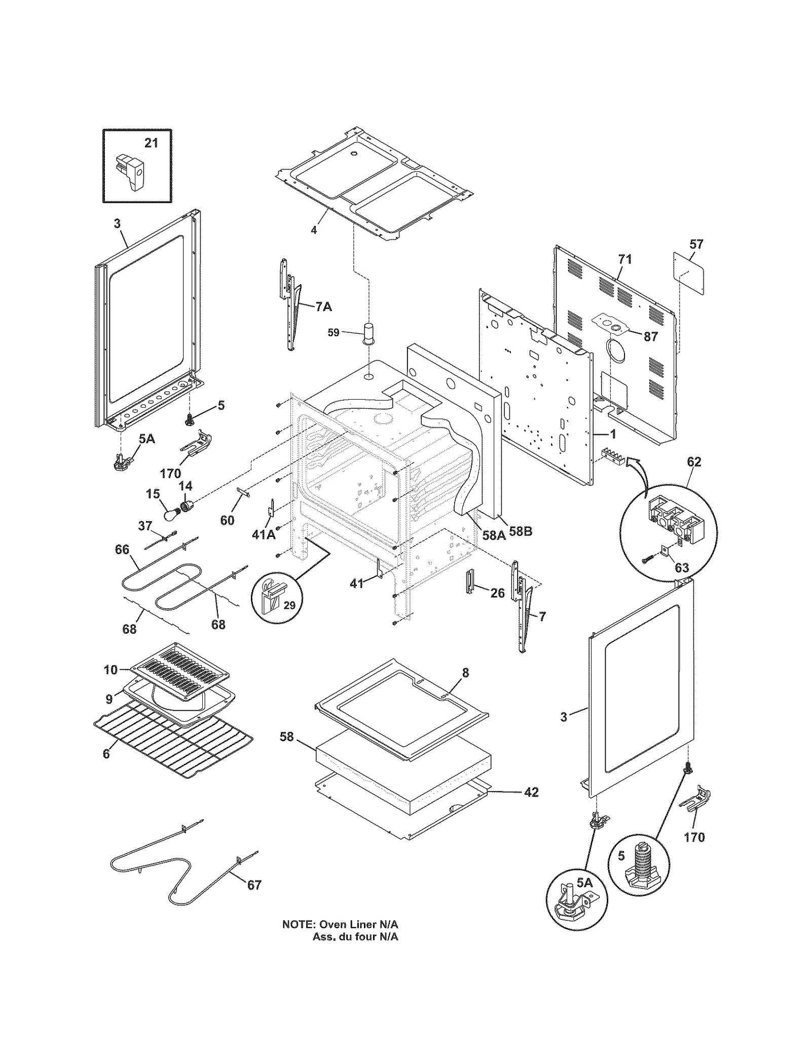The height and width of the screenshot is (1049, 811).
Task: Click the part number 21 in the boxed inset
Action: coord(151,143)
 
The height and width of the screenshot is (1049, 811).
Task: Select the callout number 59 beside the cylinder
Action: coord(333,333)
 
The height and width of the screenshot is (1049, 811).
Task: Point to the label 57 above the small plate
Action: coord(696,244)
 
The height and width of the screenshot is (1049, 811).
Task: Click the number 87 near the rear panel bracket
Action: coord(650,336)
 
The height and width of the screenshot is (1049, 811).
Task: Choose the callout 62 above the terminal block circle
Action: coord(694,462)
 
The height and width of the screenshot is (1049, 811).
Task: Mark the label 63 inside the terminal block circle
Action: coord(682,567)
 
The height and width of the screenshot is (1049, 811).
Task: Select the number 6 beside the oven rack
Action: coord(106,768)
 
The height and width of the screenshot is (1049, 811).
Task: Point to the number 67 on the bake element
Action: coord(254,884)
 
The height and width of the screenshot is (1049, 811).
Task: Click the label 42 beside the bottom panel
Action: coord(531,792)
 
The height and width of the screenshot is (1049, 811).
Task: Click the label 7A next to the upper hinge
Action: coord(324,306)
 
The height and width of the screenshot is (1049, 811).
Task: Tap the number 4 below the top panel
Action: coord(314,230)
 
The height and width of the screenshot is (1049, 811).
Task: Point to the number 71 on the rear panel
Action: coord(625,259)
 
